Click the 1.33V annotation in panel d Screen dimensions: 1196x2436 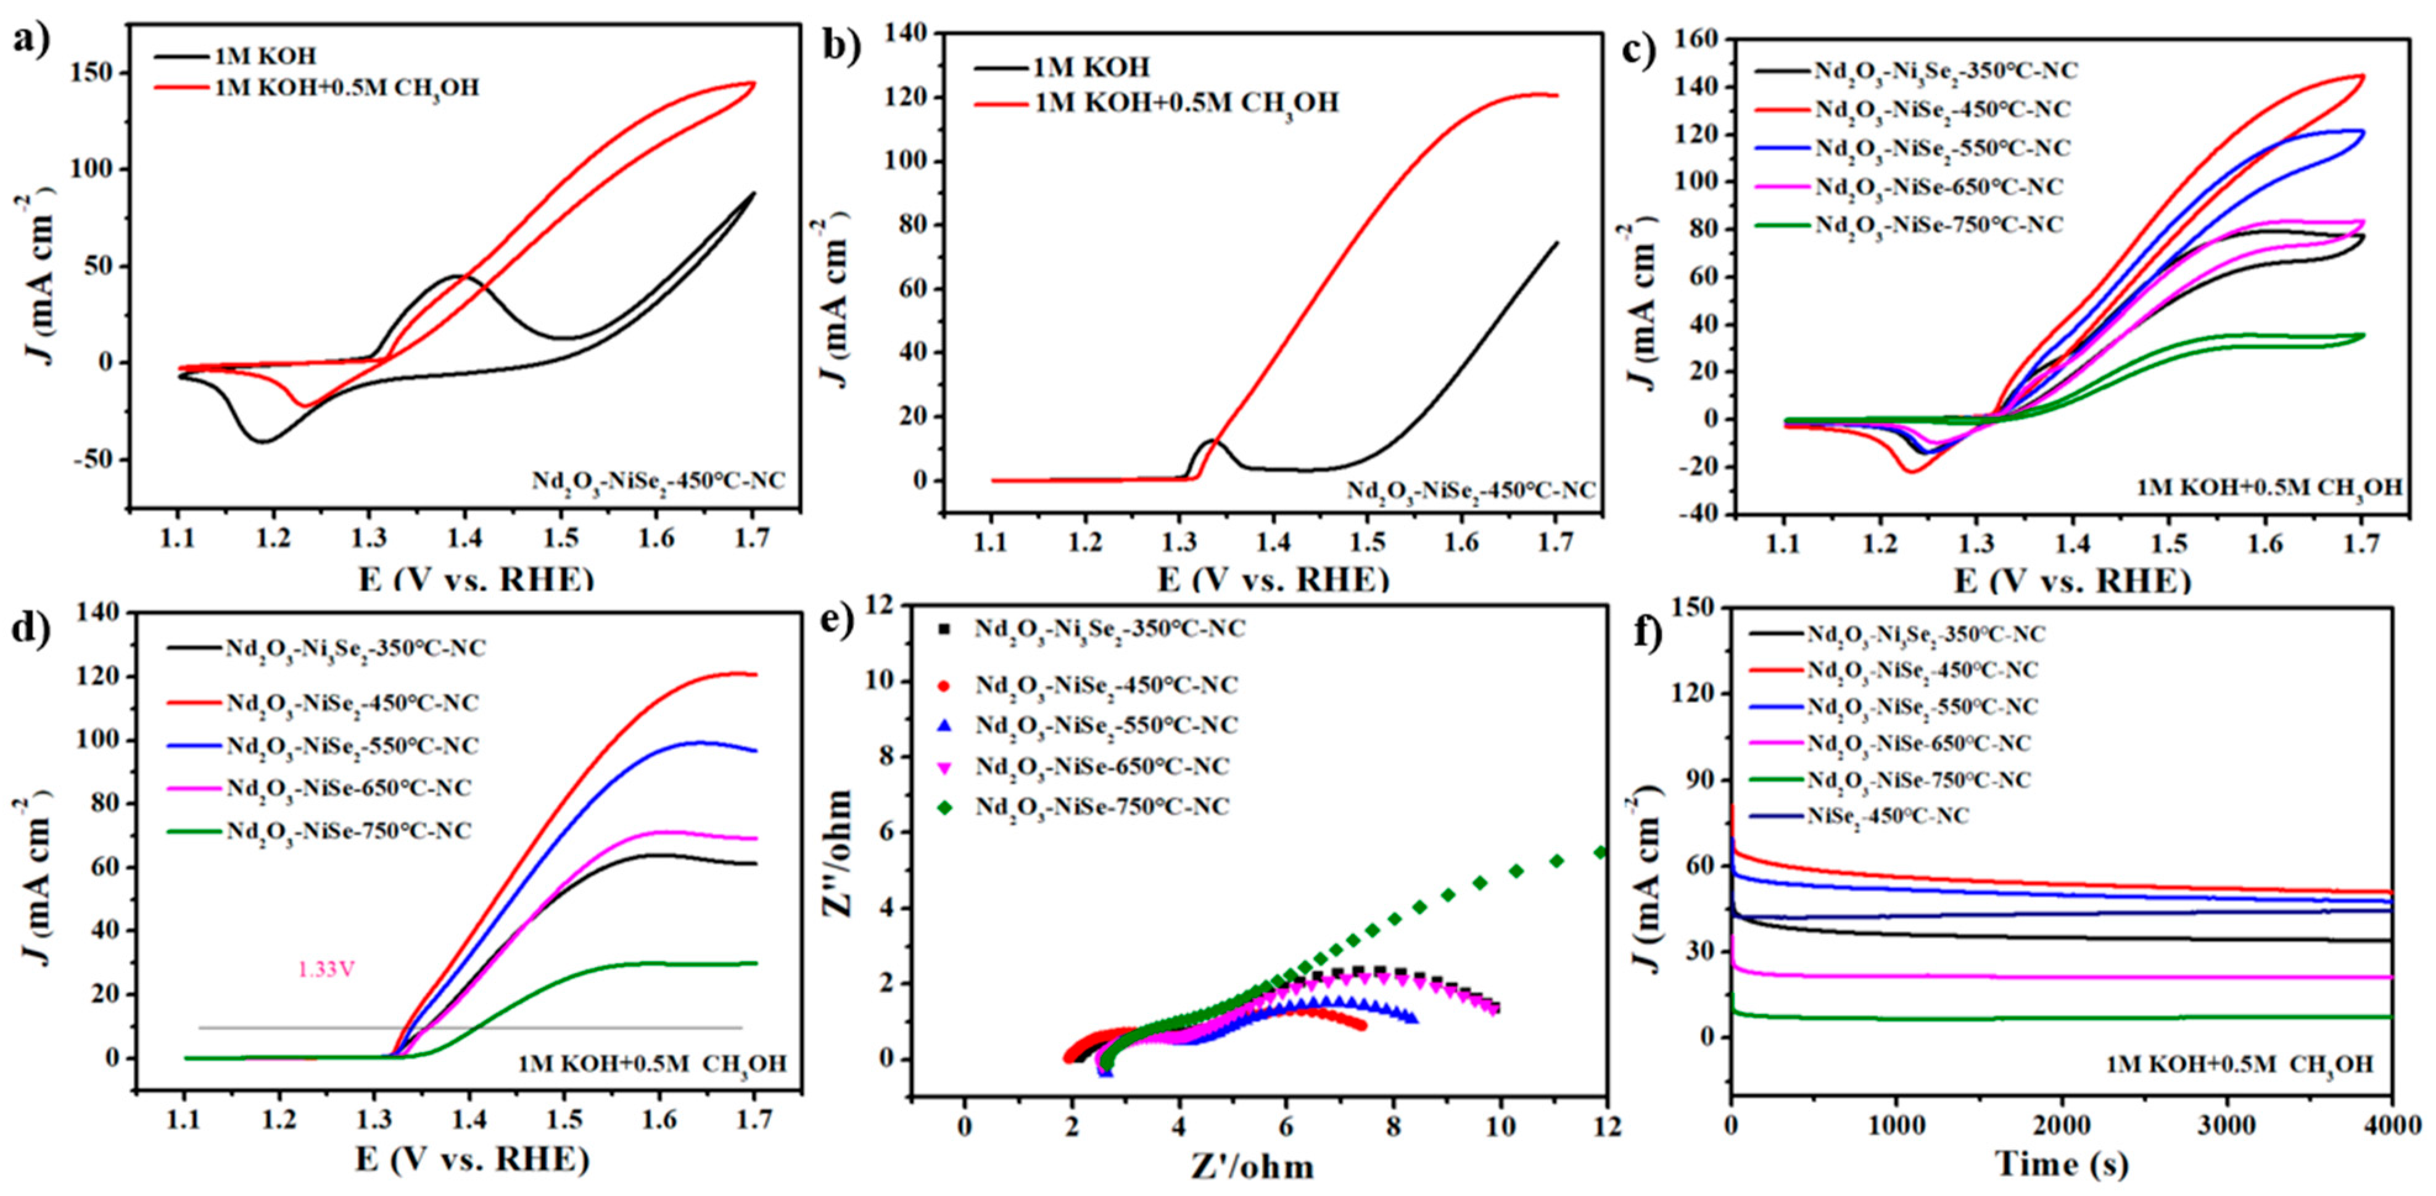[326, 970]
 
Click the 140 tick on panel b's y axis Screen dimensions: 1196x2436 [909, 34]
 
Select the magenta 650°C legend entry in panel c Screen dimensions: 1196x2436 [1939, 186]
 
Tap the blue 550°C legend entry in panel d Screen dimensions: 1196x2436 [352, 745]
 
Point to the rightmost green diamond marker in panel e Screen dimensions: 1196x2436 [1599, 852]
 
